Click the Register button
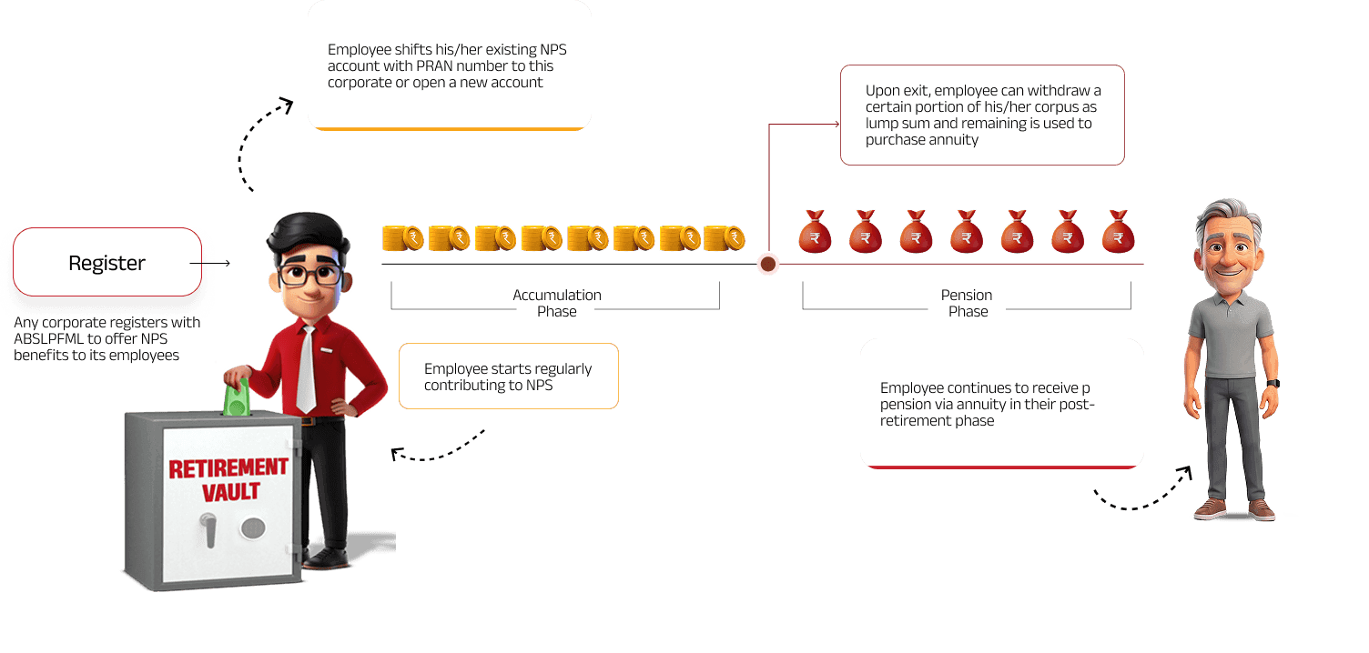[107, 263]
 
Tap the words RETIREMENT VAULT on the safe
[228, 480]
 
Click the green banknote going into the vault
[237, 397]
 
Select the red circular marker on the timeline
[768, 264]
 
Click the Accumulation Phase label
[556, 303]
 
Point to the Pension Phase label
[967, 303]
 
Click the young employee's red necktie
[306, 368]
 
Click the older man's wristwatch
[1272, 384]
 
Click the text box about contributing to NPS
[508, 376]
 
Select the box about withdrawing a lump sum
[981, 116]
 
